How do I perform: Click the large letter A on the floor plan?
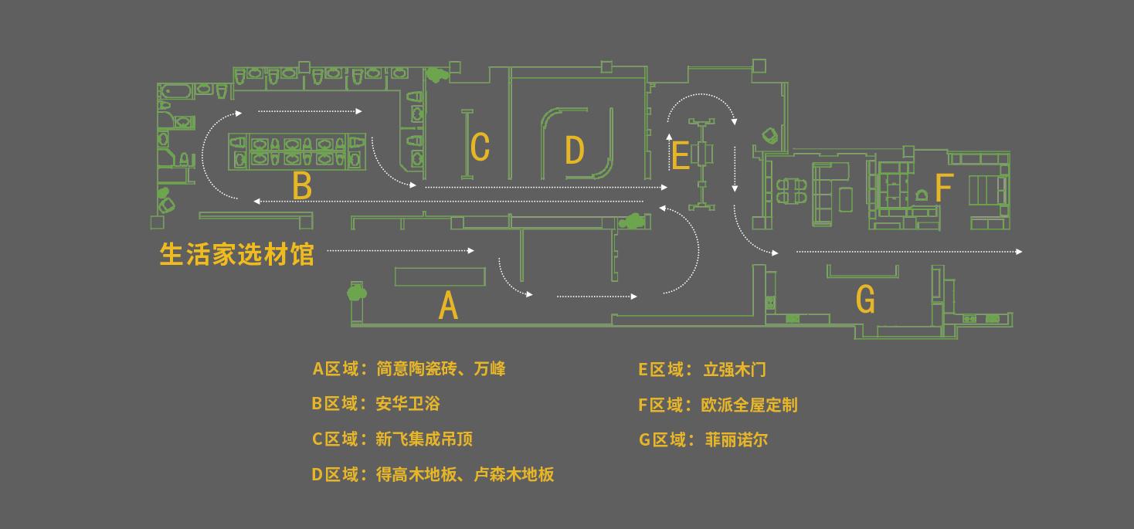(x=448, y=305)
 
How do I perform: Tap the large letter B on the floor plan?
(x=302, y=186)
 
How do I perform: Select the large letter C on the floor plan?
(x=480, y=147)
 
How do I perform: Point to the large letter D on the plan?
(x=575, y=150)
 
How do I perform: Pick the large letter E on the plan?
(x=681, y=155)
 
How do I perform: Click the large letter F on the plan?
(x=944, y=188)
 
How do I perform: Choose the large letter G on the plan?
(x=865, y=299)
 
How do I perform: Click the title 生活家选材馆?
(x=237, y=254)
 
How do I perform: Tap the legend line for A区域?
(x=409, y=368)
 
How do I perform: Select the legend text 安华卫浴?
(x=408, y=403)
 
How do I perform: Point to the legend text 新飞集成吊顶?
(x=424, y=439)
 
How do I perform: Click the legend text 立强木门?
(x=735, y=370)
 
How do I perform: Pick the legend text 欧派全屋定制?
(x=749, y=405)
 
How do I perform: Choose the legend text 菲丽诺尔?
(x=737, y=440)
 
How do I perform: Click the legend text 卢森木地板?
(x=514, y=474)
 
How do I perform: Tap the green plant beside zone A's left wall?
(x=356, y=292)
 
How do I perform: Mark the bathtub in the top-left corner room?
(x=176, y=92)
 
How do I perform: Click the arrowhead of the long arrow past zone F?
(x=1019, y=252)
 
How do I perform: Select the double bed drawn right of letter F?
(x=986, y=190)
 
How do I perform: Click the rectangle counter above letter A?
(x=440, y=277)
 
